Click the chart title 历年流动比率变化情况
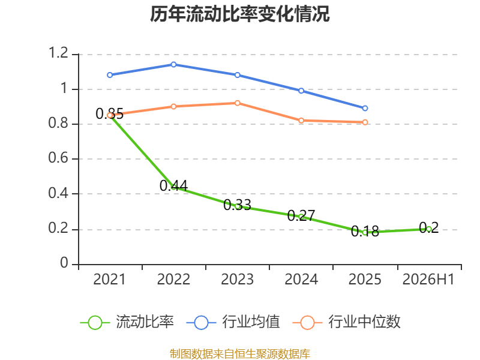(x=239, y=14)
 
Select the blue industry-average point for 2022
(x=173, y=65)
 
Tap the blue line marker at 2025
(x=365, y=109)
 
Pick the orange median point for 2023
(x=237, y=103)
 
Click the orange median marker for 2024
(x=301, y=121)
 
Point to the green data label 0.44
(x=173, y=185)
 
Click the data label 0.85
(x=110, y=114)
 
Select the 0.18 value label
(x=365, y=231)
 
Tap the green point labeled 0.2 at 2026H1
(x=428, y=229)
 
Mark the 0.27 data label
(x=301, y=215)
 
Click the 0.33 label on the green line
(x=237, y=205)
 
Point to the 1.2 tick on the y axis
(x=58, y=53)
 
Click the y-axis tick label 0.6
(x=58, y=158)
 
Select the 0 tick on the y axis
(x=64, y=263)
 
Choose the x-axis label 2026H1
(x=428, y=280)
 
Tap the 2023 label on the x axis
(x=237, y=280)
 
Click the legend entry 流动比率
(x=127, y=322)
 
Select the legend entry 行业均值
(x=233, y=322)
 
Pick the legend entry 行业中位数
(x=347, y=322)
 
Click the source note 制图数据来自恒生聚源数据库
(x=240, y=354)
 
